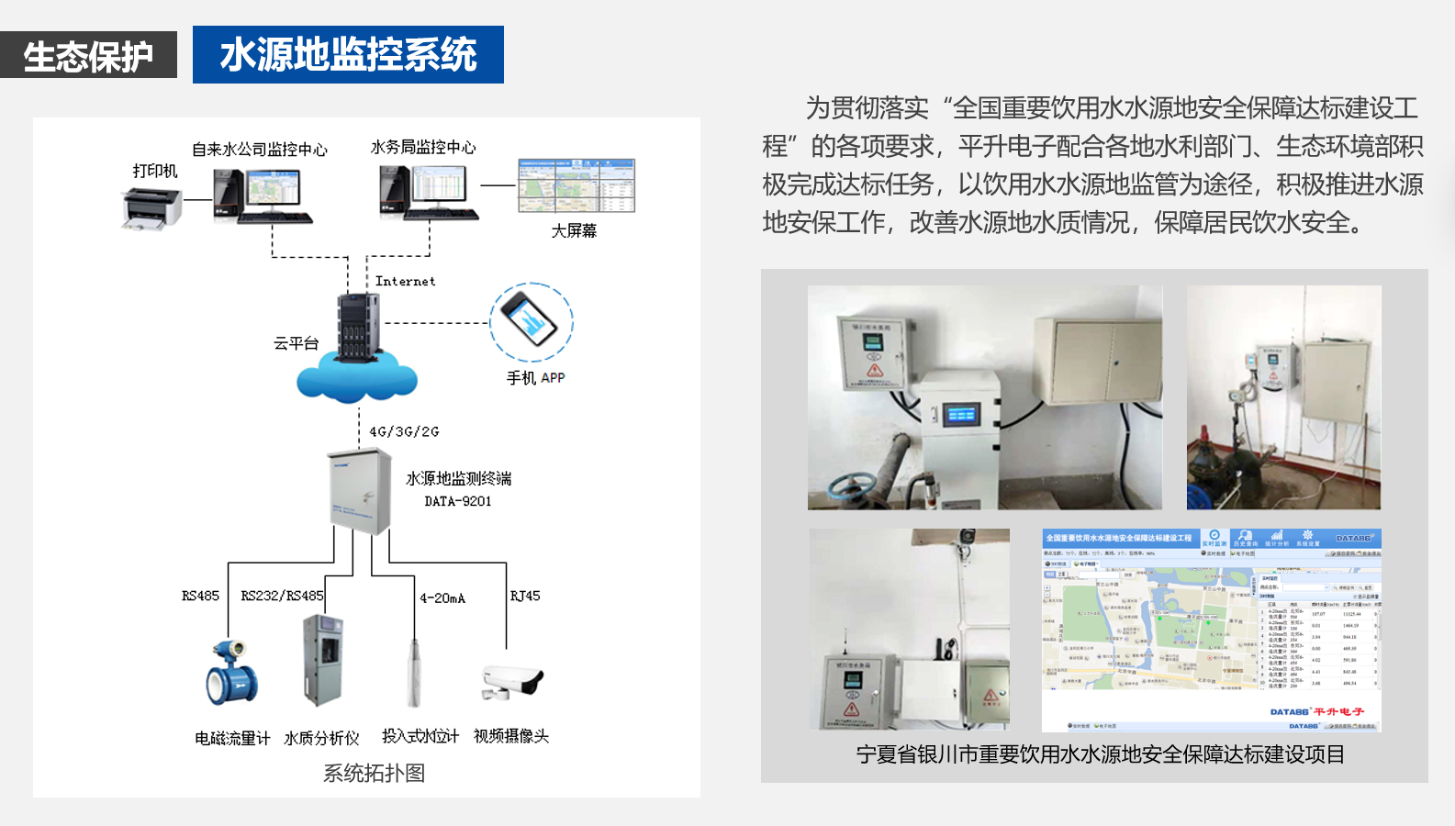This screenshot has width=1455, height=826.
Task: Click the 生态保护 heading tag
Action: point(88,55)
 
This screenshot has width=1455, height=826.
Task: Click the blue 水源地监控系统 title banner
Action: point(348,55)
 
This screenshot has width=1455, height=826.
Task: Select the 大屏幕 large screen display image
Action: point(576,185)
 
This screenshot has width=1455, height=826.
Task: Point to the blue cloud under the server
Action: point(357,379)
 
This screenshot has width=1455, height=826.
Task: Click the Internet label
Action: point(405,281)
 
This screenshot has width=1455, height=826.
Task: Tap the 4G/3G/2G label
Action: point(404,431)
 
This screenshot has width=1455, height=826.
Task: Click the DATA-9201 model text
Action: point(458,501)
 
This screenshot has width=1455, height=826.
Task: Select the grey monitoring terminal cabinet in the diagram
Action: point(360,490)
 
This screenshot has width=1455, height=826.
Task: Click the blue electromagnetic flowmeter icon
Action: point(231,675)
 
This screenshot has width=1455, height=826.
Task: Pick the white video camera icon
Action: point(513,681)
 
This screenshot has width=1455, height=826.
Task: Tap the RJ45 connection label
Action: point(525,596)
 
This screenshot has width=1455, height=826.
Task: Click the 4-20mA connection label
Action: point(442,598)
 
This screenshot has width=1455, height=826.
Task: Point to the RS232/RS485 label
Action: point(282,596)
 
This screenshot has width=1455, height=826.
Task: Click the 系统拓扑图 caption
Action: point(374,773)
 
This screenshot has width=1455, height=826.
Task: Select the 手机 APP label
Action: point(535,377)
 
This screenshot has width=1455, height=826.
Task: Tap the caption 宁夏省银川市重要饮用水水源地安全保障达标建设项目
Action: point(1100,754)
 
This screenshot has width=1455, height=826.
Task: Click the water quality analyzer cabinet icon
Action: point(322,661)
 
